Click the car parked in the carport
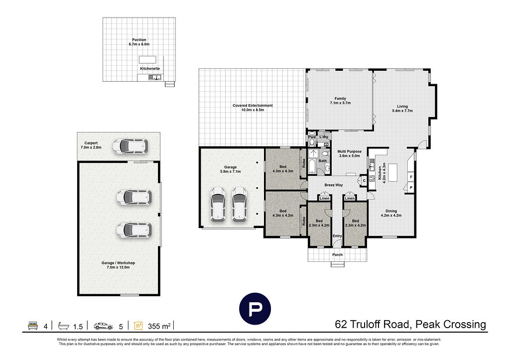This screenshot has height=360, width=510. click(x=130, y=146)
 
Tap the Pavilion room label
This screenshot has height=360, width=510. click(x=139, y=42)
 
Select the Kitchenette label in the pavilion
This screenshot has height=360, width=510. click(x=149, y=68)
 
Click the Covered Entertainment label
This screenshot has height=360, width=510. click(x=253, y=108)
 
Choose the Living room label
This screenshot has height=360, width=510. click(x=402, y=108)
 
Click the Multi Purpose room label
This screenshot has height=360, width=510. click(x=350, y=153)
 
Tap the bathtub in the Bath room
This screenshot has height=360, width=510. click(x=312, y=166)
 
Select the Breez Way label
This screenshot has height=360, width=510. click(x=333, y=185)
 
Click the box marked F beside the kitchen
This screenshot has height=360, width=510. click(x=411, y=177)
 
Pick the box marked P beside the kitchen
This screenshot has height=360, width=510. click(x=411, y=188)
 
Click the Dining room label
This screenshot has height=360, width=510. click(x=391, y=213)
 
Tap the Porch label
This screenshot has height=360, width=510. click(x=337, y=255)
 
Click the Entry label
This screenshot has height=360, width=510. click(x=337, y=236)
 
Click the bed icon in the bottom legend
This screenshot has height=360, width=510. click(x=33, y=326)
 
